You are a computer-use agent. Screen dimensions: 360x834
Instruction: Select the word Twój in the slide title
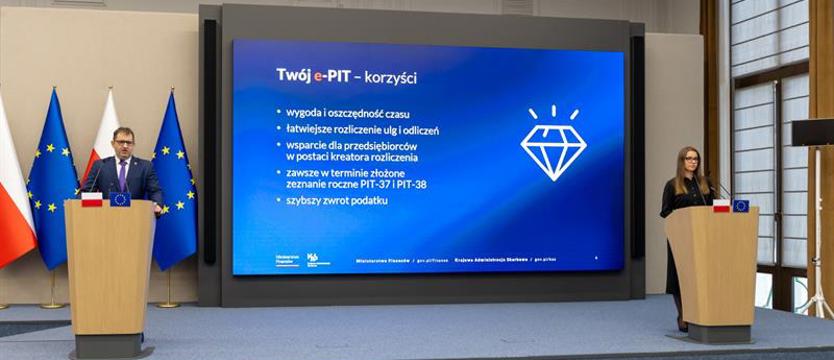pos(297,75)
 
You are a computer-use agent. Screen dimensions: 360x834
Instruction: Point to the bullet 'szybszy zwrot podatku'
pos(337,201)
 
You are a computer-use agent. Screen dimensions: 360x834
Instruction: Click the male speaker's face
pos(124,143)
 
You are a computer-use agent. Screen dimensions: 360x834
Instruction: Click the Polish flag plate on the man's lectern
pos(92,199)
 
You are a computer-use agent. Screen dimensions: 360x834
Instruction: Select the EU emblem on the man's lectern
pos(120,199)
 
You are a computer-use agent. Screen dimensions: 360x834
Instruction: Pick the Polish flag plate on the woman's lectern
pos(720,206)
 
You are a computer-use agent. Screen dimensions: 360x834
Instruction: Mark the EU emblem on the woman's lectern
pos(741,206)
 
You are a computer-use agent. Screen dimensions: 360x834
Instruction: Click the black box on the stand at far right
pos(812,132)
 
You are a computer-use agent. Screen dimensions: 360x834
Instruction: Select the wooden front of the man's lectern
pos(109,270)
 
